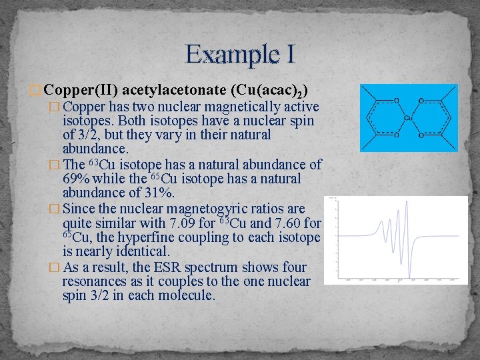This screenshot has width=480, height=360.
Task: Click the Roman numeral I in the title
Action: [x=289, y=54]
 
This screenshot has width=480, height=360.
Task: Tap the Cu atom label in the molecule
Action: [x=409, y=118]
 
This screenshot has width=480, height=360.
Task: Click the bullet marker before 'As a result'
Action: [x=55, y=267]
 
